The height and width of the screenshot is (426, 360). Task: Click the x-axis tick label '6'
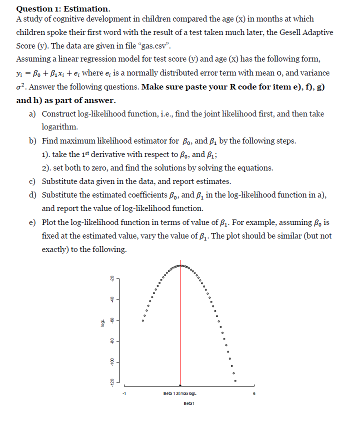(x=254, y=393)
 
